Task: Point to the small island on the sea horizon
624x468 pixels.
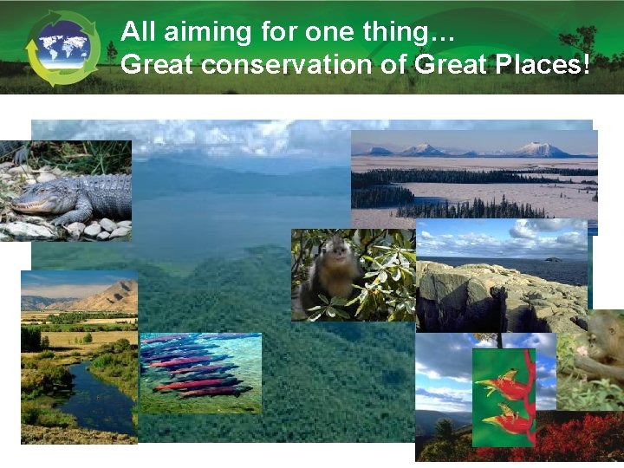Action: [551, 258]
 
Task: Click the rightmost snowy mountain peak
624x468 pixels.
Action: [544, 149]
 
